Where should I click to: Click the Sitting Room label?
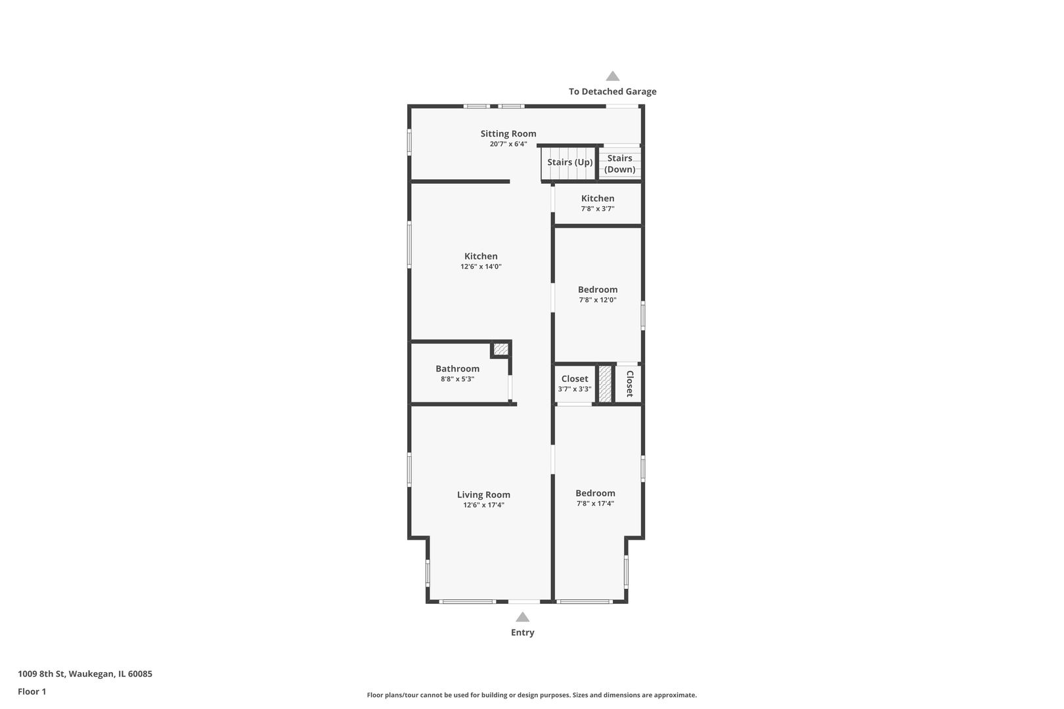[508, 134]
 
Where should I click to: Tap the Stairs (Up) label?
[569, 162]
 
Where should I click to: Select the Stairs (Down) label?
[619, 163]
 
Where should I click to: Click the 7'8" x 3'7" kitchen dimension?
[597, 209]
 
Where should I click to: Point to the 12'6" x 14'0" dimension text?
[481, 267]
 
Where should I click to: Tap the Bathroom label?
[457, 369]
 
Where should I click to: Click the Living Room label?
[483, 495]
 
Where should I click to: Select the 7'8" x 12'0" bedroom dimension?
[597, 300]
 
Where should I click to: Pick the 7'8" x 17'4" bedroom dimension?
[595, 504]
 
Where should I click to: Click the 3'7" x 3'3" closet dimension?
[574, 389]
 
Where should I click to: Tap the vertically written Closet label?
[629, 383]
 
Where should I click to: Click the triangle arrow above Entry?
[522, 617]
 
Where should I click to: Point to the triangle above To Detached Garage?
[612, 76]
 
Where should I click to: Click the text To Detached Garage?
[612, 92]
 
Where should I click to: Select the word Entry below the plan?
[522, 633]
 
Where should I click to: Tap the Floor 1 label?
[32, 691]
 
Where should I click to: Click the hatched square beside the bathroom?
[500, 349]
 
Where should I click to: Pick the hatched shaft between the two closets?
[605, 384]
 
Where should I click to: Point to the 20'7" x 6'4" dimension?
[508, 144]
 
